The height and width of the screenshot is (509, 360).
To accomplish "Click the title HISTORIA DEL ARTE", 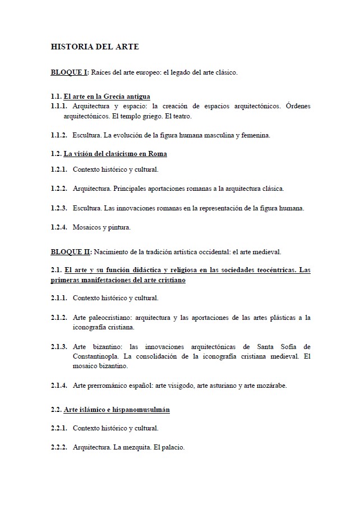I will click(x=95, y=47).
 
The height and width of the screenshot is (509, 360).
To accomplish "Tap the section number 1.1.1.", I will click(x=59, y=106).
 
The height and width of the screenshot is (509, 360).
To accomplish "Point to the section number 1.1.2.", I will click(x=59, y=135).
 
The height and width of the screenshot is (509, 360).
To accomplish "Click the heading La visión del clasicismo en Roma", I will click(x=115, y=153).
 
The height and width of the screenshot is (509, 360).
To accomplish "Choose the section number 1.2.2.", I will click(x=59, y=189).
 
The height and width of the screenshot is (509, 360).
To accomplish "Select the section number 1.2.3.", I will click(x=59, y=208).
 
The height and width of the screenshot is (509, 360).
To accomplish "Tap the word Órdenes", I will click(x=298, y=106).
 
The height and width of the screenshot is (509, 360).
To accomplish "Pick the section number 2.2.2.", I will click(x=59, y=448).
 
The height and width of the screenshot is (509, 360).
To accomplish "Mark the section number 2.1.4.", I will click(x=59, y=386).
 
